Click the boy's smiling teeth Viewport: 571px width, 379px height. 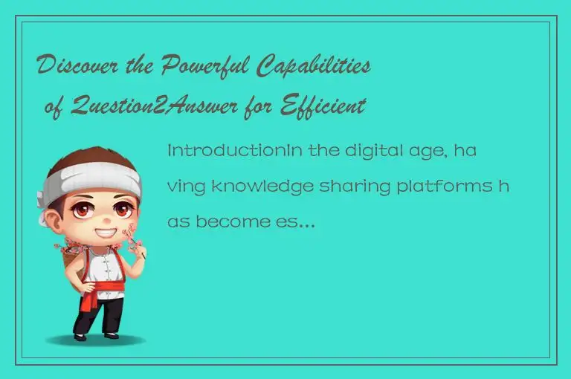tap(105, 233)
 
